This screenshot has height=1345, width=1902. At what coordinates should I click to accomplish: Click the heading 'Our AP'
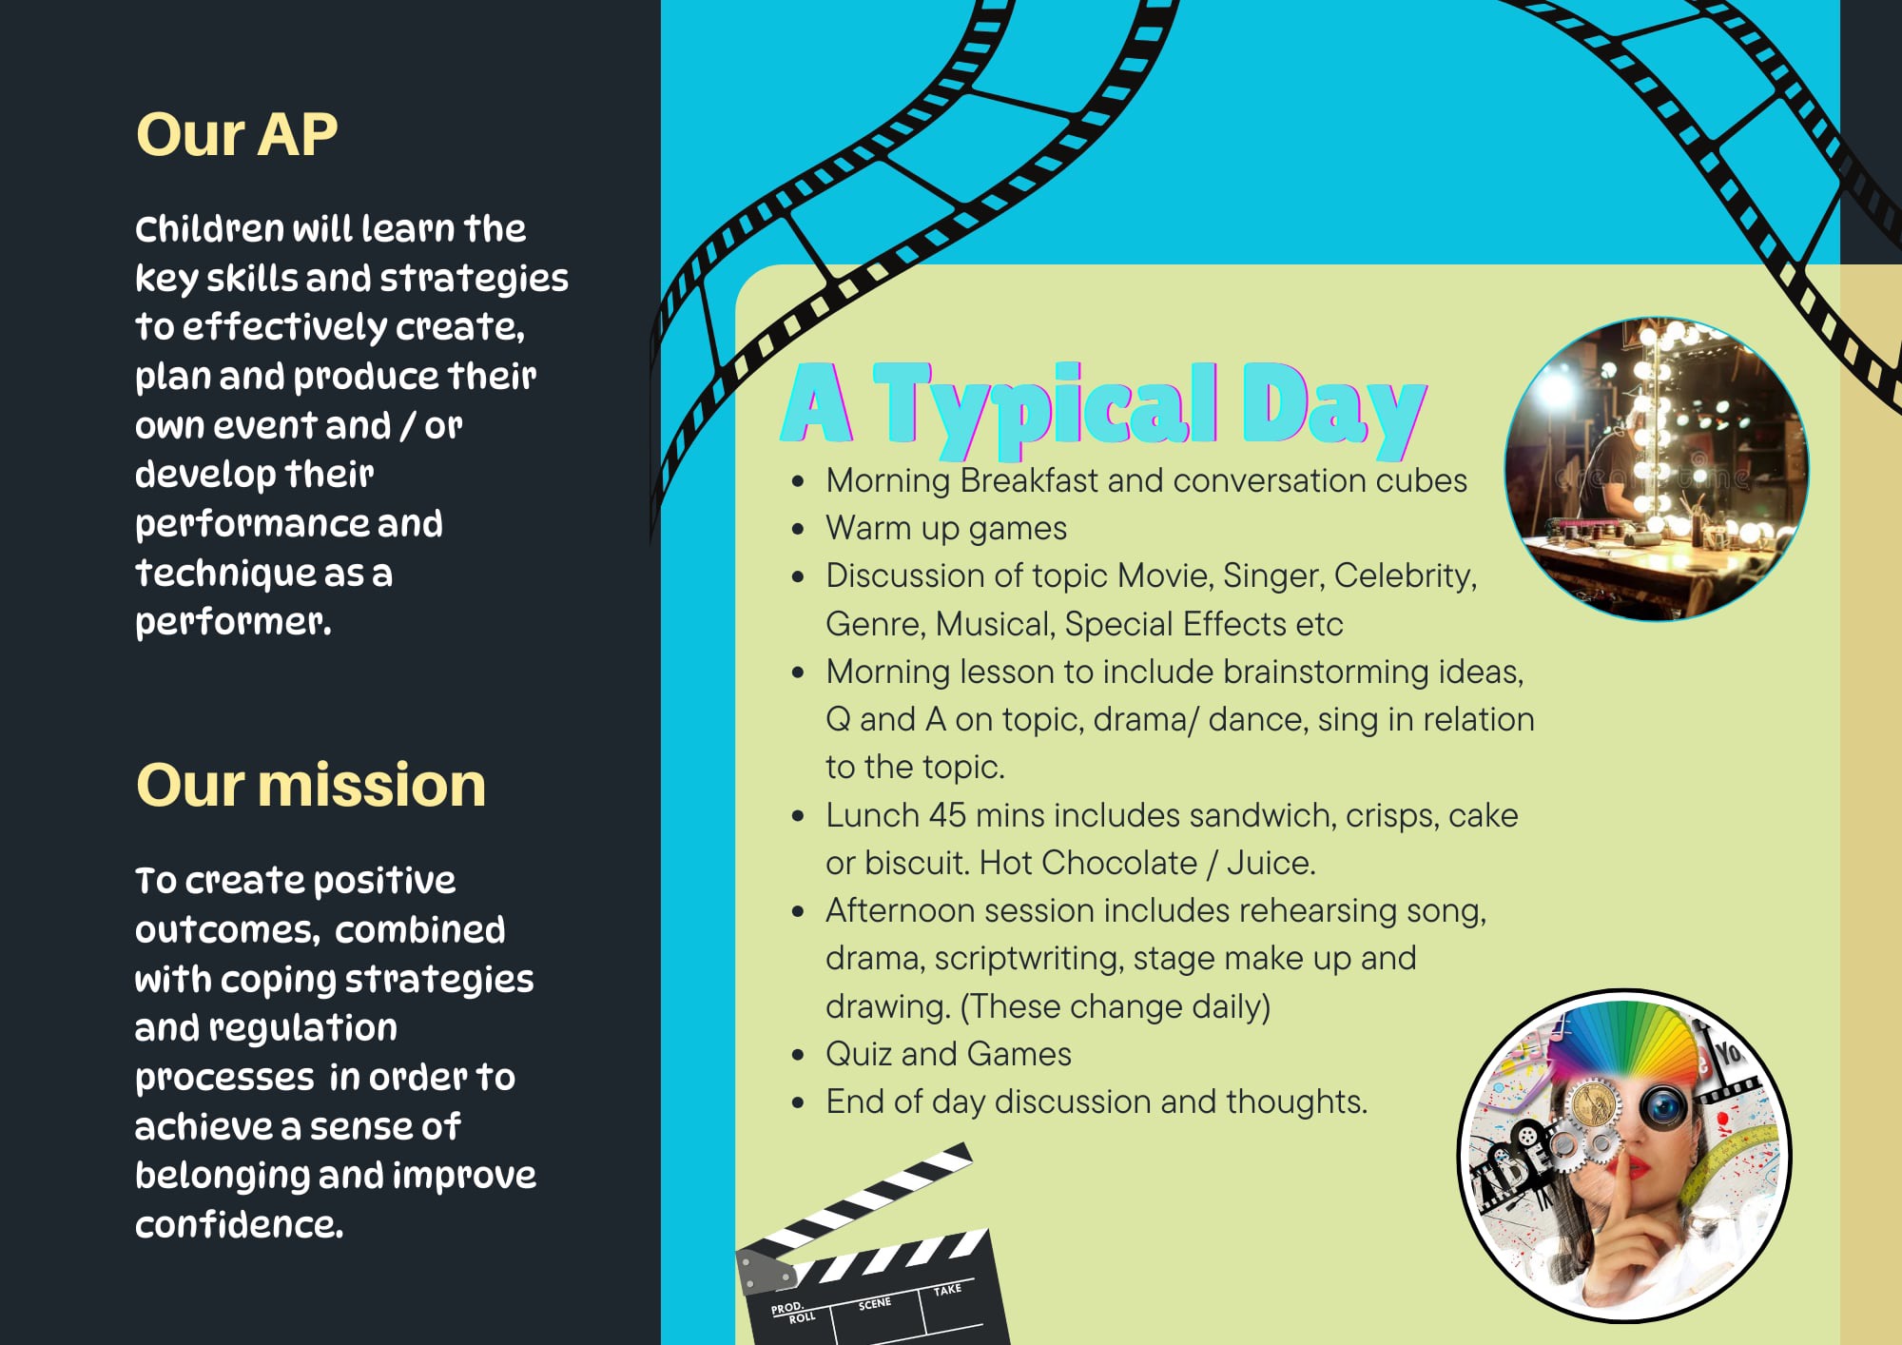(x=237, y=134)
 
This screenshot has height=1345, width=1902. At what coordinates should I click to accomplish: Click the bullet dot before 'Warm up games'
(x=798, y=529)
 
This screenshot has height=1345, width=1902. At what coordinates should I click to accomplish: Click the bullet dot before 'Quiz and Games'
(x=798, y=1055)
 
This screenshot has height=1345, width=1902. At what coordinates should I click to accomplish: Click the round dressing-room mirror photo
(x=1657, y=469)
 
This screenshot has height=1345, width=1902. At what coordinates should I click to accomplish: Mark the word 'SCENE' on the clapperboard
(x=874, y=1303)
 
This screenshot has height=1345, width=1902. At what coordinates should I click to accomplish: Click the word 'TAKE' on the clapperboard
(x=947, y=1290)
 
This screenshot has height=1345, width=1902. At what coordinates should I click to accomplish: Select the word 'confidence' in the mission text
(x=238, y=1224)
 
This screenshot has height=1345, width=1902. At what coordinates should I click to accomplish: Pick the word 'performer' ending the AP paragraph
(x=232, y=622)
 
